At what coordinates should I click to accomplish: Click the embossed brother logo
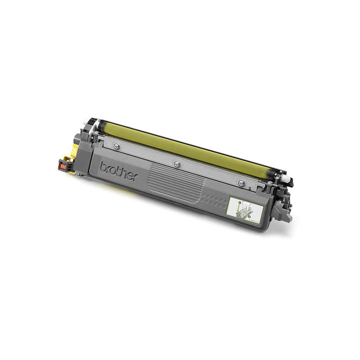pyautogui.click(x=119, y=171)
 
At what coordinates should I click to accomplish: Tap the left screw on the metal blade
pyautogui.click(x=117, y=145)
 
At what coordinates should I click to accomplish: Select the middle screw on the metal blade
pyautogui.click(x=176, y=163)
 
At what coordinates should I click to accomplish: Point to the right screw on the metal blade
pyautogui.click(x=241, y=183)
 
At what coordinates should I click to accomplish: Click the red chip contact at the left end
pyautogui.click(x=63, y=166)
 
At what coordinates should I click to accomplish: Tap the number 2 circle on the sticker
pyautogui.click(x=249, y=216)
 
